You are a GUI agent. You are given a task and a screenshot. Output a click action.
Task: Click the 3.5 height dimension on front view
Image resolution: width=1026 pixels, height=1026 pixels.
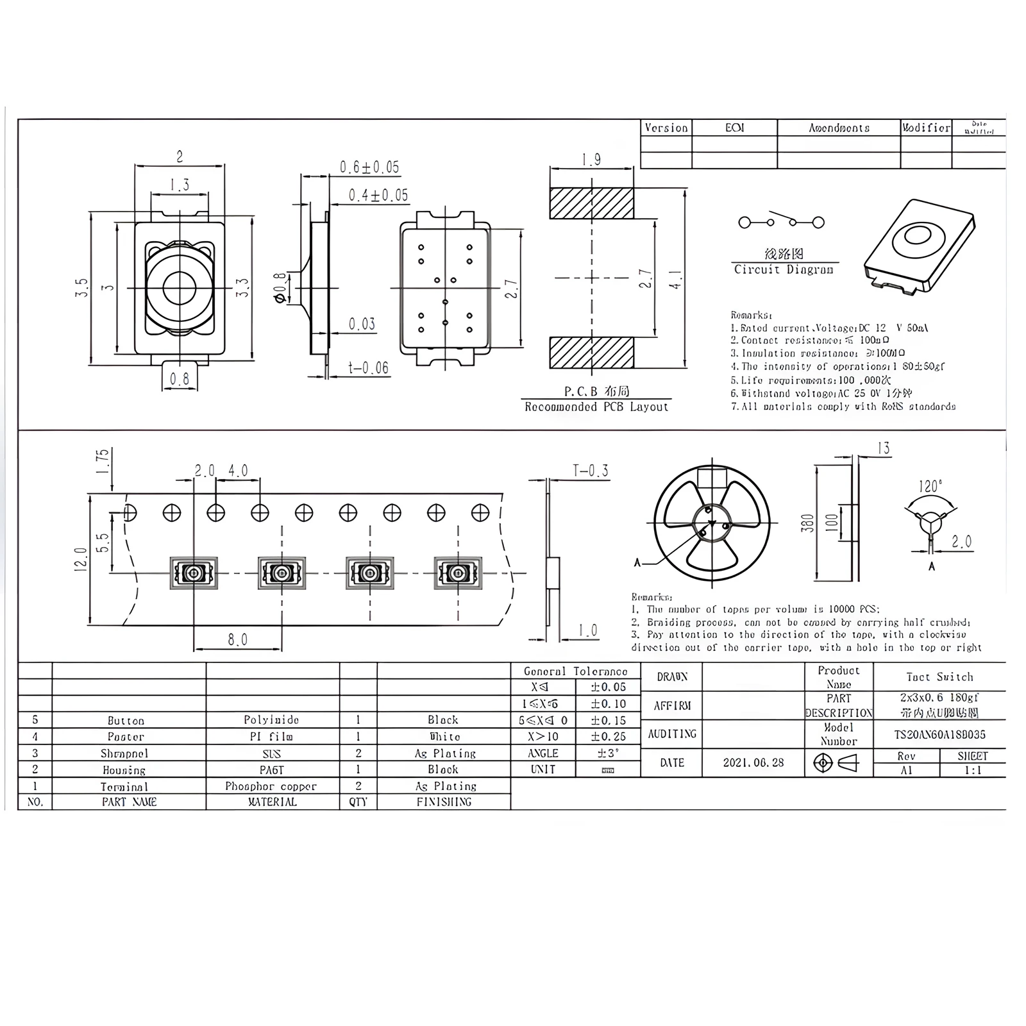click(81, 288)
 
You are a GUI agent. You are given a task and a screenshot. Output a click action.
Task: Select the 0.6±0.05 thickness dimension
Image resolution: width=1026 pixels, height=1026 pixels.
click(369, 167)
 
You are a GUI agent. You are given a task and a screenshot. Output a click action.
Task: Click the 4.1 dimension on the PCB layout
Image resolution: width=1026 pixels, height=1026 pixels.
click(676, 278)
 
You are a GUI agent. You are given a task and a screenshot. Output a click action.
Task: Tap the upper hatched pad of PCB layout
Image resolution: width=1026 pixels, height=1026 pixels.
click(591, 203)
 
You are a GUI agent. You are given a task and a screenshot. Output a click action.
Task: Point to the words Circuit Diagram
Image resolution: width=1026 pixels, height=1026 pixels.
click(784, 270)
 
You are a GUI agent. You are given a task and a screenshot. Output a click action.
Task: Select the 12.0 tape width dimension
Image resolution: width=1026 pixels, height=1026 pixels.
click(80, 559)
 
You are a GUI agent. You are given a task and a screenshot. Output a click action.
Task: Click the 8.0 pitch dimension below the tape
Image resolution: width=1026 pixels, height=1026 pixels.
click(237, 640)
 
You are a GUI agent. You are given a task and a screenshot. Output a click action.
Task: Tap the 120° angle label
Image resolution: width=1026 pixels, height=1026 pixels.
click(930, 486)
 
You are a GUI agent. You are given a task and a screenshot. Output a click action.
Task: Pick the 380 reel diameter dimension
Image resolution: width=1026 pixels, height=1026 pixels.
click(808, 523)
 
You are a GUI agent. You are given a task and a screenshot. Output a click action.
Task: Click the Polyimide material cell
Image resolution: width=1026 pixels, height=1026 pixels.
click(272, 720)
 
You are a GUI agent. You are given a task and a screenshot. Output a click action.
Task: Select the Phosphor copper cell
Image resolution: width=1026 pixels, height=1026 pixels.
click(271, 786)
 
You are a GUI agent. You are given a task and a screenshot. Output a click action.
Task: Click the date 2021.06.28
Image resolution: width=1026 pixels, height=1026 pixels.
click(753, 763)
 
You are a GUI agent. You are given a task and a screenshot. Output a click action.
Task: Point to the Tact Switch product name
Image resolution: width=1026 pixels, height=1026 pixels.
click(939, 677)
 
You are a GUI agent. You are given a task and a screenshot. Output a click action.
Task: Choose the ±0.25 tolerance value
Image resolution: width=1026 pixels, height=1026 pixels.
click(608, 737)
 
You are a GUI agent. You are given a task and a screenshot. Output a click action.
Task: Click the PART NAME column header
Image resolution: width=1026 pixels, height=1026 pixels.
click(129, 802)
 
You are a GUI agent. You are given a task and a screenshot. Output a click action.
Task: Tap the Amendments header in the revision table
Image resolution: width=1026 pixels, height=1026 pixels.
click(839, 128)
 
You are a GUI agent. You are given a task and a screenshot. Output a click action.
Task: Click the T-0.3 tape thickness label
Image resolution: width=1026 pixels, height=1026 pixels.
click(591, 471)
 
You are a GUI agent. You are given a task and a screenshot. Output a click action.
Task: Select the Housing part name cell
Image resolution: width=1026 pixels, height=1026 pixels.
click(124, 770)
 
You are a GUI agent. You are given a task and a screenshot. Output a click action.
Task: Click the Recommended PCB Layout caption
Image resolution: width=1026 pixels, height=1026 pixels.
click(596, 407)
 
